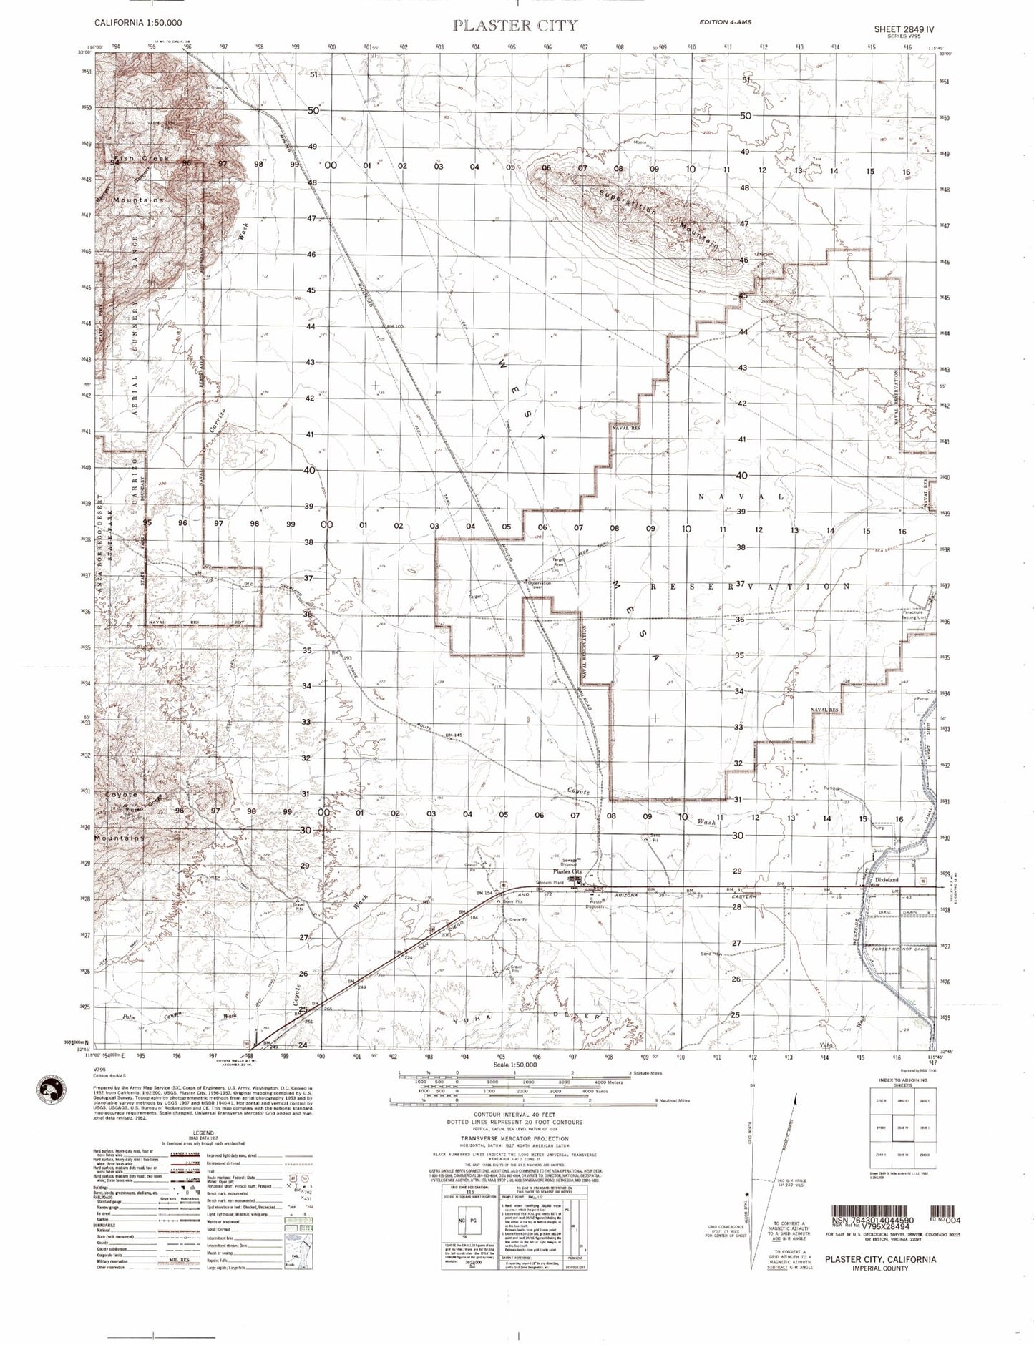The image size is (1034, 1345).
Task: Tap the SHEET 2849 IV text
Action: click(904, 29)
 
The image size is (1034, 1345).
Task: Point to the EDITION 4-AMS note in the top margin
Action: click(725, 23)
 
